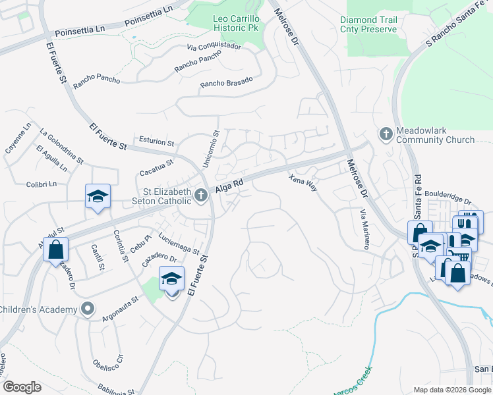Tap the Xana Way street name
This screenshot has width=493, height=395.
click(303, 183)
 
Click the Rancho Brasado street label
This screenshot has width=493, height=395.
click(226, 82)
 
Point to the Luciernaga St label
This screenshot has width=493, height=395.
click(178, 243)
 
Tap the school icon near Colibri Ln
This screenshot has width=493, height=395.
click(98, 196)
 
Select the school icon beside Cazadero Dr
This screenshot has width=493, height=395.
click(171, 279)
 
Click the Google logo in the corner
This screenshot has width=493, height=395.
click(21, 387)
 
